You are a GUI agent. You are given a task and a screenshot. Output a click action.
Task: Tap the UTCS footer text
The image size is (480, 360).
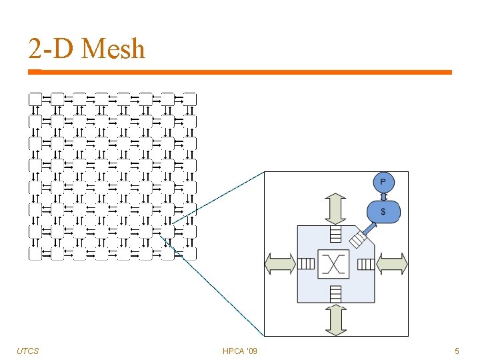pos(27,351)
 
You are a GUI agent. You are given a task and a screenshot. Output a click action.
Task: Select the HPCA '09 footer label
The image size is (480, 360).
pos(240,351)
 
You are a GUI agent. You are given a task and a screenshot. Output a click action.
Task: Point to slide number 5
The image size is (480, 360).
pos(457,351)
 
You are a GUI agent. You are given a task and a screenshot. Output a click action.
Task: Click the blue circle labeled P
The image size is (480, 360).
pos(383,181)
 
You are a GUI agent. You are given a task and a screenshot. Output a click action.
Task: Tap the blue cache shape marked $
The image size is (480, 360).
pos(383,211)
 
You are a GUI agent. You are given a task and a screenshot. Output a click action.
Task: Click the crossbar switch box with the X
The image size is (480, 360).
pos(335,265)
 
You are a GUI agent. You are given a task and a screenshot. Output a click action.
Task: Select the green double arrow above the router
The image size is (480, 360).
pos(335,209)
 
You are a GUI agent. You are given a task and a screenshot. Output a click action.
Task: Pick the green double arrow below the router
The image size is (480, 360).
pos(335,319)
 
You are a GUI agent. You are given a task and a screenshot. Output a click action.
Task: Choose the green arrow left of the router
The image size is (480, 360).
pos(280,264)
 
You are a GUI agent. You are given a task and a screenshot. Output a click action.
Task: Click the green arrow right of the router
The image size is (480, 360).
pos(391,264)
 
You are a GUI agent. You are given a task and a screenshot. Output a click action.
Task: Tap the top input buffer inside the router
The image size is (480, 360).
pos(335,234)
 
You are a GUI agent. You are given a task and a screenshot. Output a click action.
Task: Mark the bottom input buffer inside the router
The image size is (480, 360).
pos(335,293)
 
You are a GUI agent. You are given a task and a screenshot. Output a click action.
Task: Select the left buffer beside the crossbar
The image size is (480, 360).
pos(306,264)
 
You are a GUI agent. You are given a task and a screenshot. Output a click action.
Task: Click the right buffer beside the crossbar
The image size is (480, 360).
pos(365,264)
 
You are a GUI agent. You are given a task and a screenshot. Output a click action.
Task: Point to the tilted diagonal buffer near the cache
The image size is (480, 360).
pos(358,238)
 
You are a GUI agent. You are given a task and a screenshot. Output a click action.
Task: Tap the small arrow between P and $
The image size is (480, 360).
pos(383,196)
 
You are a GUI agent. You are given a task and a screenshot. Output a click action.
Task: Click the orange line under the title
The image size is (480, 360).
pos(240,72)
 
